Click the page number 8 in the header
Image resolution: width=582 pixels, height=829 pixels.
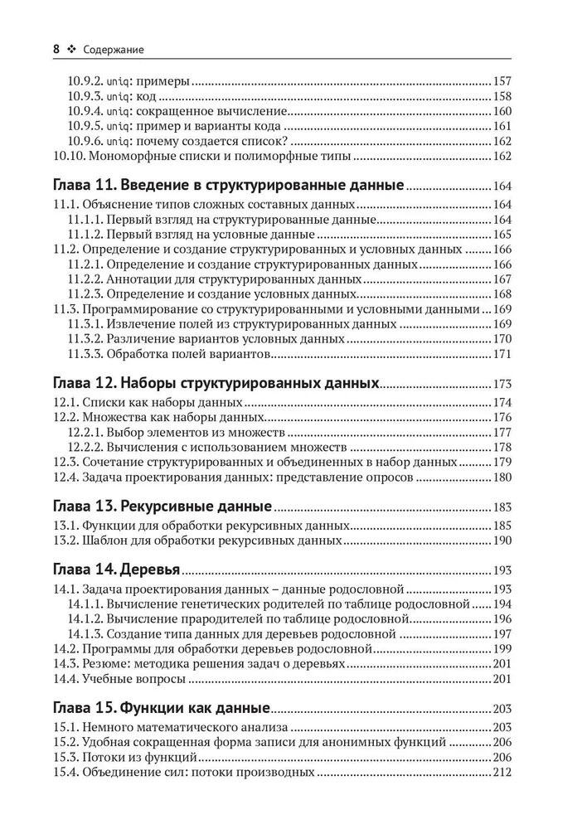[56, 50]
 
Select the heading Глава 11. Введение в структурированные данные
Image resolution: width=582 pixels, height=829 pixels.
[228, 184]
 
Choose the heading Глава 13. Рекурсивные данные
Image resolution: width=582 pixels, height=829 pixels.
[162, 507]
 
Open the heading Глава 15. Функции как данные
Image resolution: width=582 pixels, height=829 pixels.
[162, 709]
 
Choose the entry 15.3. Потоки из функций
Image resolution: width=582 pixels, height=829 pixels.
[125, 758]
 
